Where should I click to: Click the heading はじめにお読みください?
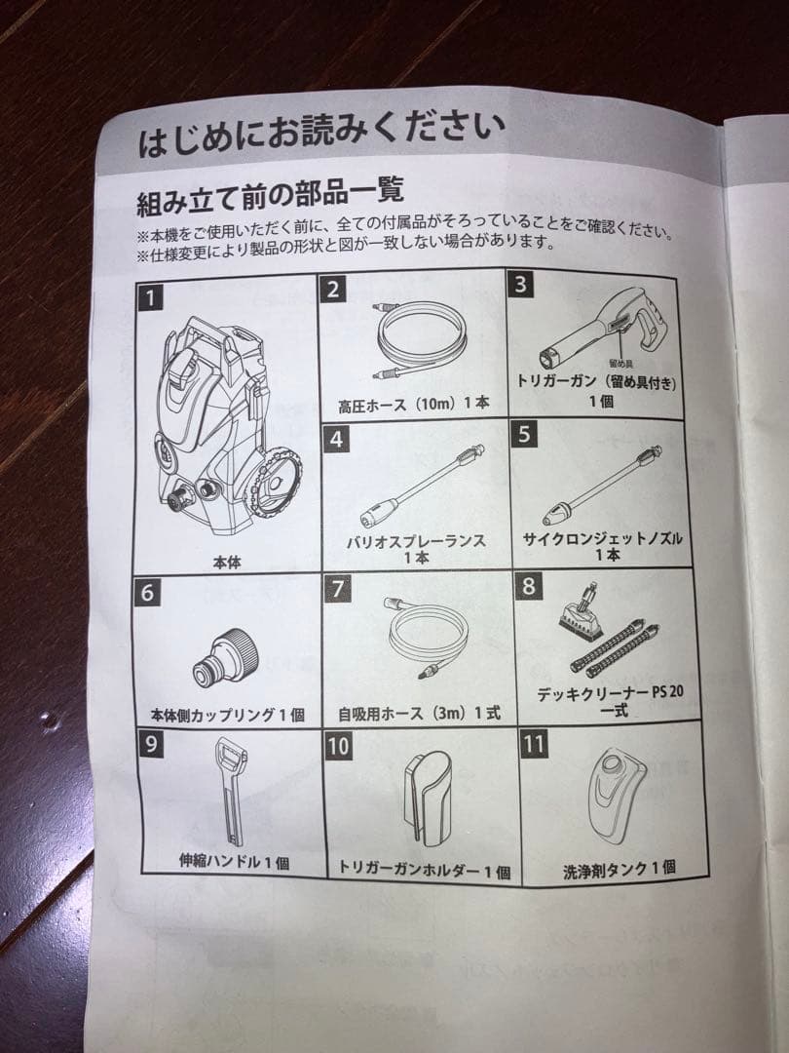[321, 134]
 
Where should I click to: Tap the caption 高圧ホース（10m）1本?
[414, 403]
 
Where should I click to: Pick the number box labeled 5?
[525, 434]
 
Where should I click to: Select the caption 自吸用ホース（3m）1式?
[419, 713]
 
